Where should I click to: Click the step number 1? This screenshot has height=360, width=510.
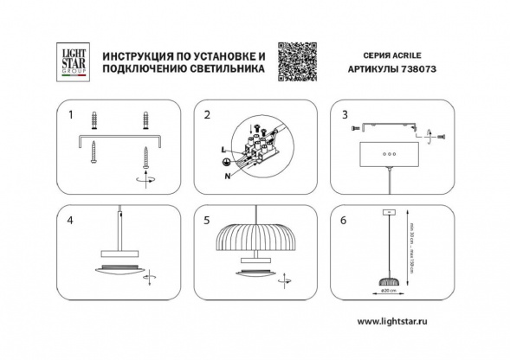71,114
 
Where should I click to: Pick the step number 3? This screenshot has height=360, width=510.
345,114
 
